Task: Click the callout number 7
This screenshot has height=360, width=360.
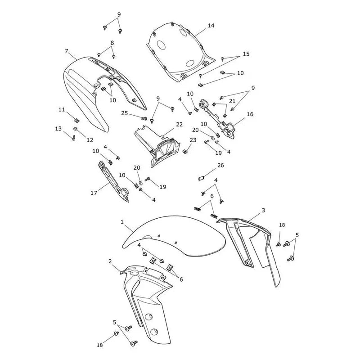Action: [67, 51]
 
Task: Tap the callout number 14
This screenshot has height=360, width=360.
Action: [211, 26]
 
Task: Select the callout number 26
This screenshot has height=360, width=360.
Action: [220, 165]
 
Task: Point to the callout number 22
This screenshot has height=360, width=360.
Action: [179, 125]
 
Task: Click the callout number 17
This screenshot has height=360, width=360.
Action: [94, 193]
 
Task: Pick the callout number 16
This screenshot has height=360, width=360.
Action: [250, 114]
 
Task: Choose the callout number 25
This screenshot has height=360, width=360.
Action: [125, 113]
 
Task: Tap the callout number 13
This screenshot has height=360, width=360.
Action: [58, 129]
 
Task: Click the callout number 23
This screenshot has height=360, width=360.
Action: [193, 140]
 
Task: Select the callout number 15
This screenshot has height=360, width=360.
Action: [246, 54]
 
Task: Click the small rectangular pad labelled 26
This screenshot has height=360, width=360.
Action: [201, 178]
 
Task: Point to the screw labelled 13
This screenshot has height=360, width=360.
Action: [73, 138]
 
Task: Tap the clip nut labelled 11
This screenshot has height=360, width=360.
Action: [76, 120]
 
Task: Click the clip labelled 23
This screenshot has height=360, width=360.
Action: [185, 151]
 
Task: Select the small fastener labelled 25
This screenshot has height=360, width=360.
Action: [144, 118]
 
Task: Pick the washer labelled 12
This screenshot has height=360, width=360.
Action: [75, 129]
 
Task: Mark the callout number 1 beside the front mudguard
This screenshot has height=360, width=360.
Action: [122, 222]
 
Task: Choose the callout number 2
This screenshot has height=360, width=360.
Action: [110, 261]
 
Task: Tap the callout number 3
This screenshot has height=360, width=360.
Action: [263, 210]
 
